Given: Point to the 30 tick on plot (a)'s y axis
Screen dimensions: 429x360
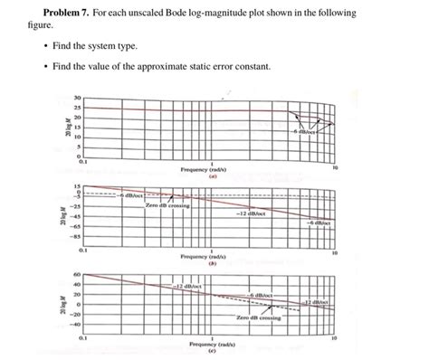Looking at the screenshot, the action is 78,98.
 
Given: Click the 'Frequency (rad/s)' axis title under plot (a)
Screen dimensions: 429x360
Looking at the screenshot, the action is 210,168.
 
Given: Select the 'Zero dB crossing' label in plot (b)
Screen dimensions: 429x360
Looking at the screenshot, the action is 167,205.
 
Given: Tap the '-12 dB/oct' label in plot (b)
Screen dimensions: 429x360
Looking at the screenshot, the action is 250,214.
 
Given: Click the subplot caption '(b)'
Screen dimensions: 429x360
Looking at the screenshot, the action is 211,263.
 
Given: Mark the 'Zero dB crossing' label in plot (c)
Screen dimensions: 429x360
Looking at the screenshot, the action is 258,318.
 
